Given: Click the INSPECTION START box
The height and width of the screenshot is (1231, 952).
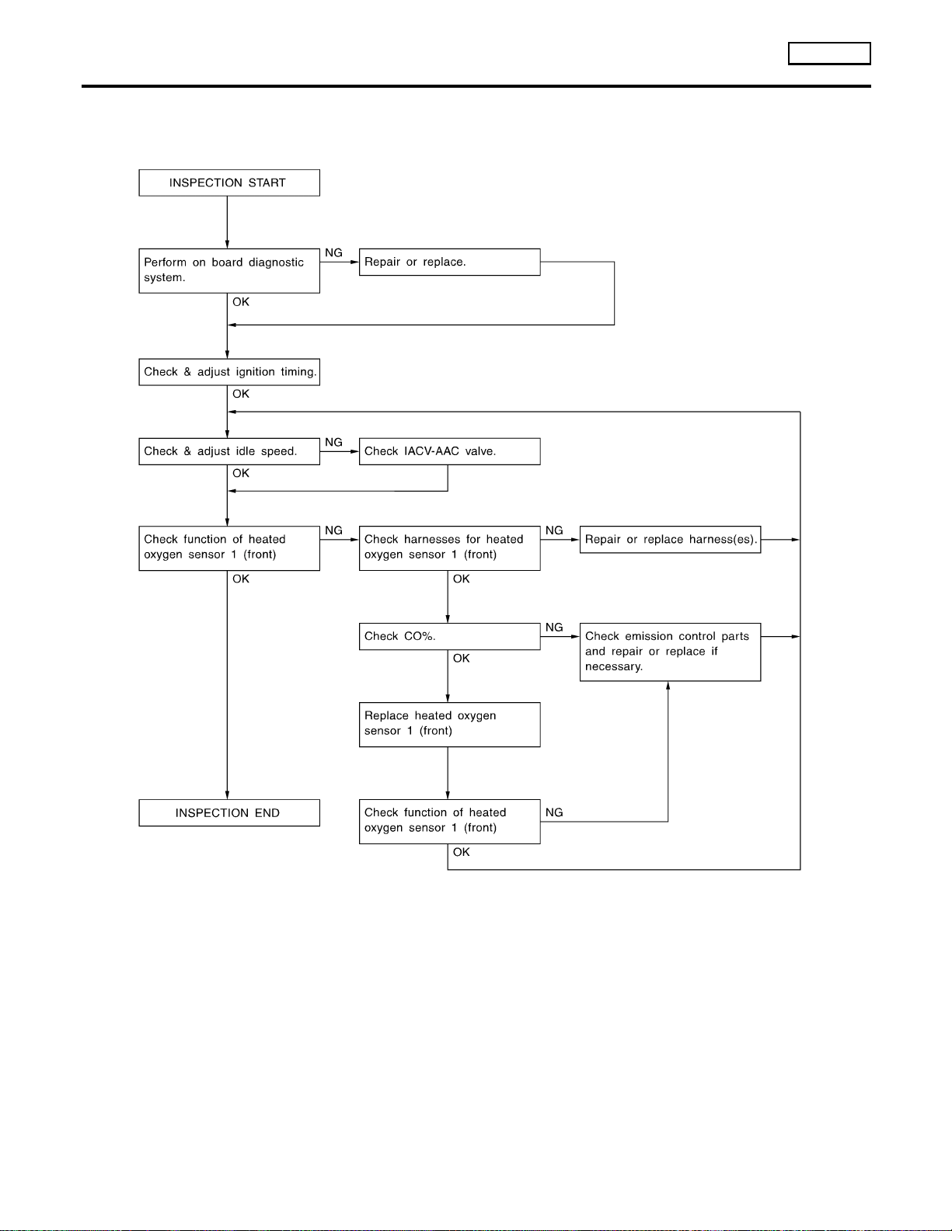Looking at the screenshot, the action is click(x=229, y=183).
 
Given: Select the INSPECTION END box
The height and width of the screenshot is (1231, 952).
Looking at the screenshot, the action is click(x=229, y=813).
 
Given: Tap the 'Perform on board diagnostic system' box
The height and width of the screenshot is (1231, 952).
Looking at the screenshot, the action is click(x=229, y=271).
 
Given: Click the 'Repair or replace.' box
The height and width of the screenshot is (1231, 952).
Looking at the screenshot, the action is click(x=449, y=263).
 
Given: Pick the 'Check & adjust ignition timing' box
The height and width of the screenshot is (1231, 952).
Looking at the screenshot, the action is click(x=229, y=372).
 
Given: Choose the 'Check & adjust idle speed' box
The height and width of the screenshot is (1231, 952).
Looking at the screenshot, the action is click(x=229, y=451).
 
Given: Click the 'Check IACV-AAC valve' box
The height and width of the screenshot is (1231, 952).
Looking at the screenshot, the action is click(x=449, y=451).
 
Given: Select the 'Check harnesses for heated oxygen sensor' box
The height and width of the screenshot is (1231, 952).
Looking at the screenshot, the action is click(x=449, y=548).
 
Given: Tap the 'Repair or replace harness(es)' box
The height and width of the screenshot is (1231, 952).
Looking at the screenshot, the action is click(x=670, y=540).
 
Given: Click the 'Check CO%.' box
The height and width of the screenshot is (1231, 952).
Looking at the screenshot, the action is click(x=449, y=637).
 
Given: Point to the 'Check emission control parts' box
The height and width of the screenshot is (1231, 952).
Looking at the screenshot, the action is click(x=670, y=652).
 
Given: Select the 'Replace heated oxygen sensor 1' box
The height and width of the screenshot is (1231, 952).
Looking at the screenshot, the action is click(x=449, y=725).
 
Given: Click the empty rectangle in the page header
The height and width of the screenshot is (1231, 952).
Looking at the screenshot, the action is click(x=829, y=54).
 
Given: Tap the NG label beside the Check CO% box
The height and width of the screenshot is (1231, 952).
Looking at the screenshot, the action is click(x=553, y=627).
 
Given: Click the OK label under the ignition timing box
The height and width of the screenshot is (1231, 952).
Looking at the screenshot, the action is click(x=241, y=394).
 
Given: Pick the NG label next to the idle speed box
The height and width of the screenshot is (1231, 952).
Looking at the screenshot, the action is click(x=333, y=442).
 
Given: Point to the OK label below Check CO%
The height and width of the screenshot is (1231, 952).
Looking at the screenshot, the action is click(x=462, y=659).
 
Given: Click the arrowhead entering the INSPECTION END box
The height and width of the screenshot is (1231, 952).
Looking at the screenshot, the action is click(x=227, y=795).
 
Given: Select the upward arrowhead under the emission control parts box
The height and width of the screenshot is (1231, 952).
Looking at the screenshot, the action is click(x=668, y=686).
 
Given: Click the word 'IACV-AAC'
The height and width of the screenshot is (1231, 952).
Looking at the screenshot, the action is click(x=431, y=451).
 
